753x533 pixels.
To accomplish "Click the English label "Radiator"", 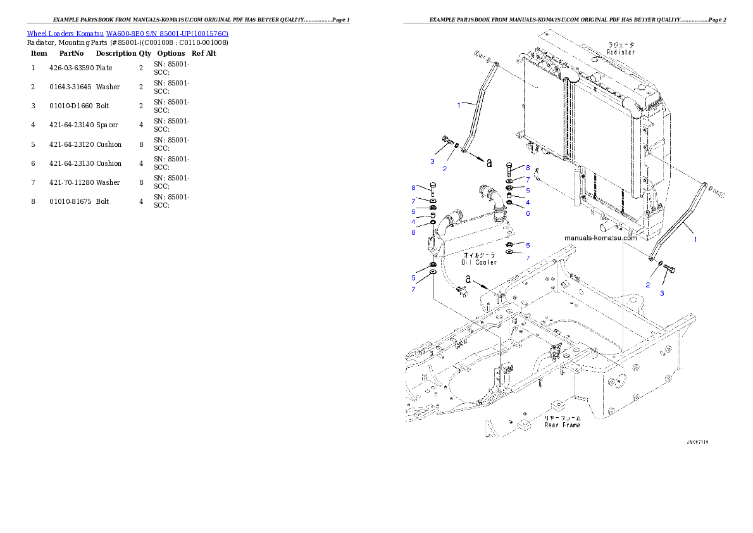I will click(x=621, y=52).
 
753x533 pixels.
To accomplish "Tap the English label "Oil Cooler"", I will click(x=479, y=261).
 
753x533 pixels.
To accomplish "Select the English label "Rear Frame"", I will click(x=562, y=425).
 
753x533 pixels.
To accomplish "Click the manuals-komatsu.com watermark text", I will click(x=601, y=238).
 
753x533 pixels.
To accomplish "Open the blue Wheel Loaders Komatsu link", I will click(x=127, y=33).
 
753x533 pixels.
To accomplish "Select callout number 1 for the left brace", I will click(x=459, y=105).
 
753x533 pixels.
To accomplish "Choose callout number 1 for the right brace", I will click(x=695, y=240).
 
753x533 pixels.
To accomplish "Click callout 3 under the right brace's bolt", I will click(x=663, y=293).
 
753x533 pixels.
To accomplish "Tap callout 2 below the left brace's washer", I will click(x=445, y=168).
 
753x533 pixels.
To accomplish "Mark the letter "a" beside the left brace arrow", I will click(x=489, y=163).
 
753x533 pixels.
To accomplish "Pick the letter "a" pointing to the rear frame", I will click(x=468, y=278).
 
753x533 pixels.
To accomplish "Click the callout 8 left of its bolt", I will click(x=413, y=188).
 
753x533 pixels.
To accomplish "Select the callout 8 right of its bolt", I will click(x=528, y=168).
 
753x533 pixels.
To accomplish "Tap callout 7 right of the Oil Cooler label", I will click(x=528, y=258).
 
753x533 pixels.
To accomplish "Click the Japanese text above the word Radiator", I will click(x=621, y=44).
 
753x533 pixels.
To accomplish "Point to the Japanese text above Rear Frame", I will click(x=562, y=418).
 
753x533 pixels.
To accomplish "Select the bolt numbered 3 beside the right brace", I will click(x=669, y=270).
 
